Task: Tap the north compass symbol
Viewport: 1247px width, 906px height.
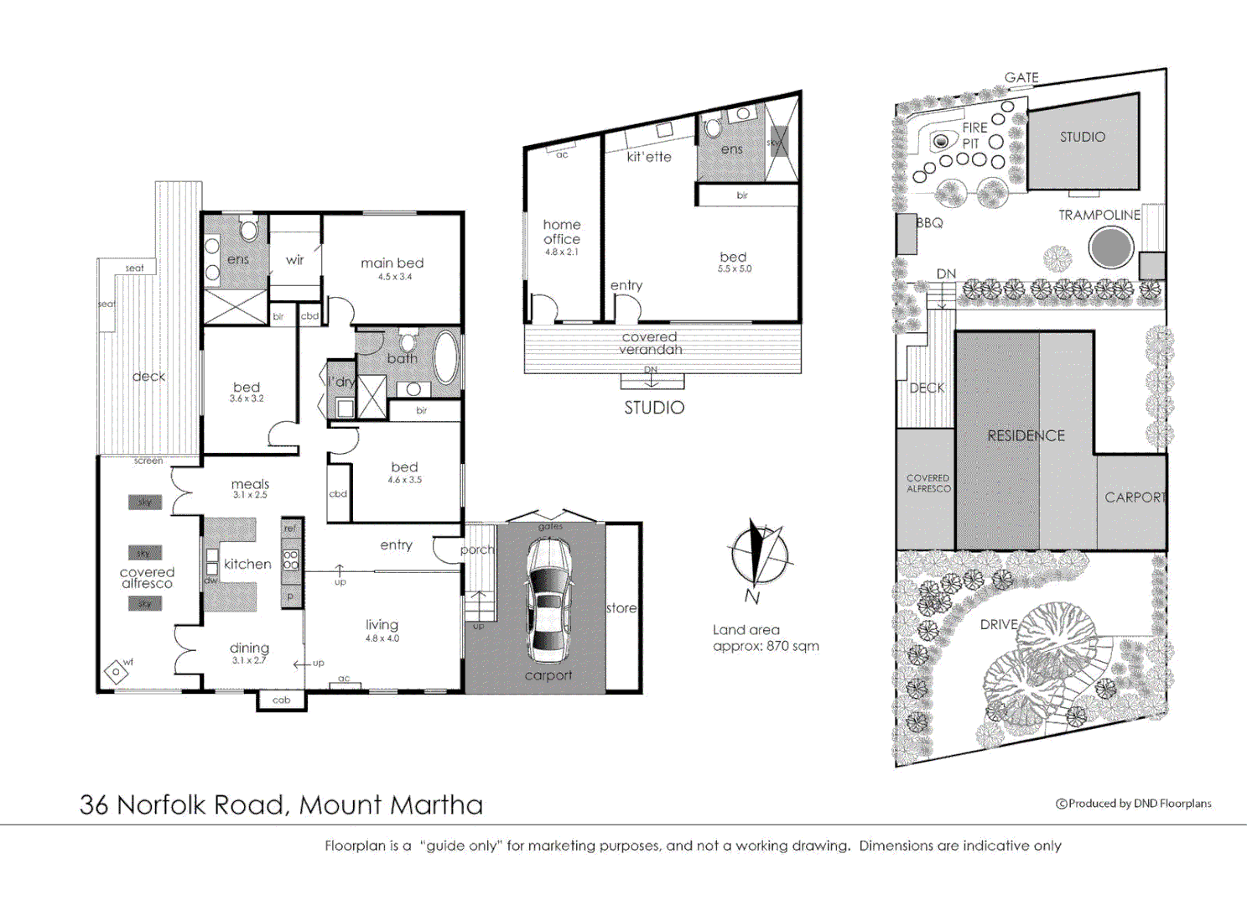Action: [x=758, y=554]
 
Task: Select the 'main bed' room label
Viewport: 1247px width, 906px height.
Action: [x=392, y=263]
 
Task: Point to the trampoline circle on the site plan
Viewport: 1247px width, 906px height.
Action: [x=1110, y=247]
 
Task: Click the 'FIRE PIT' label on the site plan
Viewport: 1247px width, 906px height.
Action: [x=974, y=135]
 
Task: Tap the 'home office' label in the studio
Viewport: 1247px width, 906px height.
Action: [x=562, y=232]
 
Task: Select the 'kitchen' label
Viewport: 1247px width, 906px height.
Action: [x=247, y=565]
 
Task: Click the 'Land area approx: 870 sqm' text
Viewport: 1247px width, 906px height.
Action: [x=765, y=638]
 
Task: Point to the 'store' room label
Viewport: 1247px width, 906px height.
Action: [x=621, y=608]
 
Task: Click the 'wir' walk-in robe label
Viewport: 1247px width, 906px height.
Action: [x=294, y=260]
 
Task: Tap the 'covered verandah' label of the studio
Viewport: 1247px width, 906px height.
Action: [x=650, y=343]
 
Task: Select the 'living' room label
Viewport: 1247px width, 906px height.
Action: [x=382, y=625]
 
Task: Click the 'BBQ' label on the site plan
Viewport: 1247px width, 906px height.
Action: [x=929, y=223]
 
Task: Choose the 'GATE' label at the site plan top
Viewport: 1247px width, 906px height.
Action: [x=1021, y=77]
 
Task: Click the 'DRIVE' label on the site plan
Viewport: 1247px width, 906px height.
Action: [x=999, y=625]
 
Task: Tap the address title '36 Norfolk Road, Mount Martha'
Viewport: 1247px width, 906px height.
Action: [x=281, y=804]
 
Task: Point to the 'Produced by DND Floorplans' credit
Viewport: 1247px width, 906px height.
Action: [x=1134, y=804]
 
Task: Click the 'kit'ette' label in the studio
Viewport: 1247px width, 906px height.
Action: [x=649, y=157]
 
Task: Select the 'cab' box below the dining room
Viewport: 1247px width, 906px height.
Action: [x=281, y=700]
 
